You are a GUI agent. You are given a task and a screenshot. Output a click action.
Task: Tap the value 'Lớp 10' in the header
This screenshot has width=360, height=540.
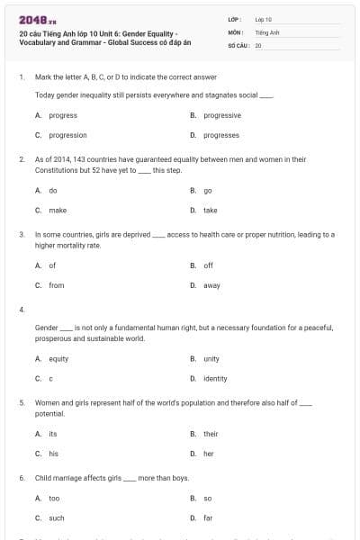coord(264,18)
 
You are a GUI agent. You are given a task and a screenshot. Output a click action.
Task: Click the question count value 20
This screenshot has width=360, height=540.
coord(258,44)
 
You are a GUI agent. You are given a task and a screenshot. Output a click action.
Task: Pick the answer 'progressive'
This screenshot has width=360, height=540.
coord(222,115)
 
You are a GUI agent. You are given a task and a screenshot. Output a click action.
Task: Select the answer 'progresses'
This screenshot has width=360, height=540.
coord(221,135)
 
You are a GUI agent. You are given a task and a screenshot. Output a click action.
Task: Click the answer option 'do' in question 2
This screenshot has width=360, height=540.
coord(53,190)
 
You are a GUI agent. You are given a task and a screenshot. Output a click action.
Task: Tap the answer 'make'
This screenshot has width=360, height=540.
coord(58,210)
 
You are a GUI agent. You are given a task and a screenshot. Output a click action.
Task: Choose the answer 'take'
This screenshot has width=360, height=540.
coord(210,210)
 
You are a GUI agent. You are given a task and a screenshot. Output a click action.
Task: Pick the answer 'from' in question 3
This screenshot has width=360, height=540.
coord(57,285)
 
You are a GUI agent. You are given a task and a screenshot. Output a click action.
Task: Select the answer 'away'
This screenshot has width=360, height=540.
coord(211,285)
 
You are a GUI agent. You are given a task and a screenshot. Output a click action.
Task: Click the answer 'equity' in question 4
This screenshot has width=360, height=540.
coord(58,358)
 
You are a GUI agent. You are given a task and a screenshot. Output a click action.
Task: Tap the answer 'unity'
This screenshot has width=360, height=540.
coord(211,358)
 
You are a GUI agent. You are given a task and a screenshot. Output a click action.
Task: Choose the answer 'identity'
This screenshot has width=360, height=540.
coord(215,378)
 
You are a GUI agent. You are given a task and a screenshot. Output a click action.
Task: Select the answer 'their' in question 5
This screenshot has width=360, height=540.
coord(211,434)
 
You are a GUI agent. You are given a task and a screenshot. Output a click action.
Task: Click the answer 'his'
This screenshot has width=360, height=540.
coord(53,454)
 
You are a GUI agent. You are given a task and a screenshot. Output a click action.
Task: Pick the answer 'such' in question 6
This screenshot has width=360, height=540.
coord(57,517)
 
